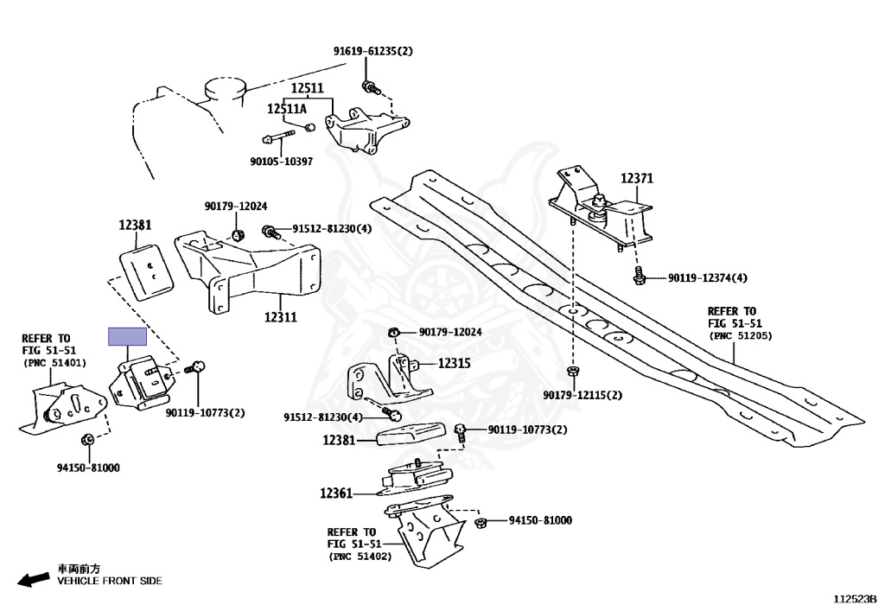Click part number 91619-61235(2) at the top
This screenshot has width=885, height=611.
[373, 51]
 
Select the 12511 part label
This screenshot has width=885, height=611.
[306, 89]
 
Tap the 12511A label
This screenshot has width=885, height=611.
[286, 110]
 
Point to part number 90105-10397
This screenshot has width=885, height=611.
[281, 161]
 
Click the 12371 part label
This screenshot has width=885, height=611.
[636, 179]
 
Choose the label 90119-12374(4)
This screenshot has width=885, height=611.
[707, 278]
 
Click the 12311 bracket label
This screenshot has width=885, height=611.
[280, 317]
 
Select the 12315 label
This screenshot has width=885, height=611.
[454, 364]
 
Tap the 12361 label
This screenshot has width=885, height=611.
[336, 493]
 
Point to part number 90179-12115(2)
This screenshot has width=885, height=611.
[582, 395]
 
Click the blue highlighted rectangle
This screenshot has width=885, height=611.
[128, 337]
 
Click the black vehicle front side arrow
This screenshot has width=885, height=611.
[33, 580]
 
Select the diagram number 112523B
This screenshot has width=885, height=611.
[855, 597]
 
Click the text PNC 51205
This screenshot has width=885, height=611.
[741, 335]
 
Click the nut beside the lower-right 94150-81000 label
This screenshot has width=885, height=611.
[481, 521]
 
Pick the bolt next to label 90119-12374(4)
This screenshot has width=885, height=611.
[638, 277]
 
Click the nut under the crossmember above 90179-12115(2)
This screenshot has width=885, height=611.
[572, 372]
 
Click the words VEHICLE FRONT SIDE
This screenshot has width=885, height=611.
[110, 581]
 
